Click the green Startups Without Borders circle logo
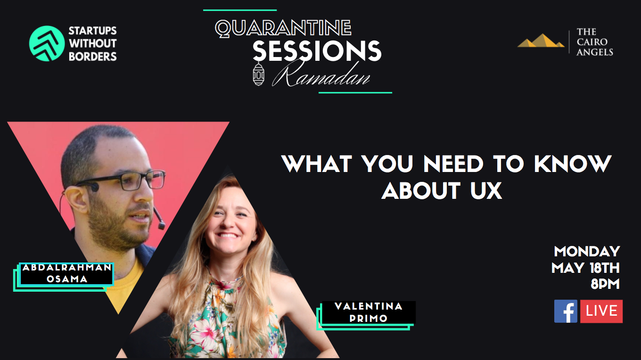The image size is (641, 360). click(x=47, y=43)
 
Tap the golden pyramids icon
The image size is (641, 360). click(x=541, y=41)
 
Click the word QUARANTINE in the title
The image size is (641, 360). click(x=283, y=28)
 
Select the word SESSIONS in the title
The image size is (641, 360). click(x=317, y=51)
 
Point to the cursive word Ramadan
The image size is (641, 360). click(x=321, y=74)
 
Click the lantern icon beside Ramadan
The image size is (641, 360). click(x=258, y=74)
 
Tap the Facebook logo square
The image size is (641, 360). click(x=566, y=311)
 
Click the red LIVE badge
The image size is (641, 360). click(x=601, y=311)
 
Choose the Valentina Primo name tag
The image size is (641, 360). click(x=366, y=315)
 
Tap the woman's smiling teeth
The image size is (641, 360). click(x=228, y=236)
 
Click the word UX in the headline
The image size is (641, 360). click(x=486, y=190)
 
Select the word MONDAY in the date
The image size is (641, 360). click(x=587, y=252)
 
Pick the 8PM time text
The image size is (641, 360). click(x=605, y=284)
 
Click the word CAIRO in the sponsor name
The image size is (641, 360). click(x=592, y=42)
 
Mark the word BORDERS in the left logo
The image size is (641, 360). click(x=93, y=57)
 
